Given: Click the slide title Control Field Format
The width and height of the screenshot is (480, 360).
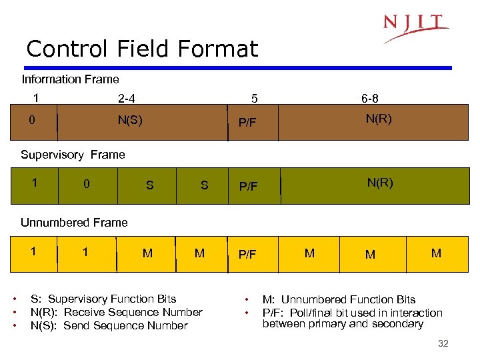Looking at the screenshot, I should (x=141, y=49).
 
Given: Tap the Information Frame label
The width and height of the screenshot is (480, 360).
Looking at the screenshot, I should (x=70, y=79).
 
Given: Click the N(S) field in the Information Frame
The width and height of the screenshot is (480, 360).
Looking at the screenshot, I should (x=129, y=121).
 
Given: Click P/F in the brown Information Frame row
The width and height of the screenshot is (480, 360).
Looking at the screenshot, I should (x=247, y=123).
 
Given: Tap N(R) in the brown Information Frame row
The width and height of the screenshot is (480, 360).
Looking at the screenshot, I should (x=378, y=119).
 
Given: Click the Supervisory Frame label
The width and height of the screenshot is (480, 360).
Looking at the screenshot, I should (x=73, y=155).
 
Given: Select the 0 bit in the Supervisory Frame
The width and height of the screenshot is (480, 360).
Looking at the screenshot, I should (x=86, y=184).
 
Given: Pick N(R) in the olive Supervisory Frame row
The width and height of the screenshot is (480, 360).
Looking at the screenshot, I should (x=380, y=183).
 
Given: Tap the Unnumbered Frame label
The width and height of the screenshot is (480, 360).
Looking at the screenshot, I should (x=74, y=223).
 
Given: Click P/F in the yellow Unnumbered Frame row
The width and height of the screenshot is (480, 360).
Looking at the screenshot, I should (x=247, y=255).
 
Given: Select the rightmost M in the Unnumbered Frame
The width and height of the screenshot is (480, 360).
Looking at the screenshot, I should (x=436, y=253).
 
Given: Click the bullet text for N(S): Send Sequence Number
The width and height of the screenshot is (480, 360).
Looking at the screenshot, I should (x=109, y=325).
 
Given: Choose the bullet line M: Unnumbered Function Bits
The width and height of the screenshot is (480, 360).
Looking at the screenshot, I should (x=339, y=299).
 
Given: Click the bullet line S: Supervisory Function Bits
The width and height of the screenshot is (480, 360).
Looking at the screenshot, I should (x=103, y=299).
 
